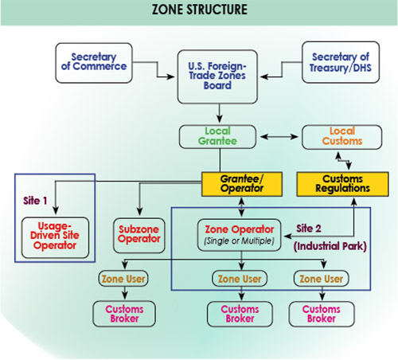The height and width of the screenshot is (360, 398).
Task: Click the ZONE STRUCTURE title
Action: pos(200,10)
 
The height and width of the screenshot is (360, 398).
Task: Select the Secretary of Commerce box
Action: pos(94,63)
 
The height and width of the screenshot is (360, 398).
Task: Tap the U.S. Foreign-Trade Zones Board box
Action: pos(217,76)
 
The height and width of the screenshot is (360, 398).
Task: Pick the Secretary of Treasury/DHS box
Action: pos(341,62)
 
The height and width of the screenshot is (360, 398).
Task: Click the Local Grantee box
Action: pos(217,137)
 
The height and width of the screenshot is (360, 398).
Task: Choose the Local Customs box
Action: pos(342,137)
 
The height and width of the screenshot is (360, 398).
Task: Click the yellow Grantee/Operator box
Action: pos(242,184)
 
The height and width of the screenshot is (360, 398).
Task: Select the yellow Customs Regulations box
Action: pos(342,184)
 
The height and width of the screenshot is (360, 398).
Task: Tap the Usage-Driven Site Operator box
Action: pos(55,237)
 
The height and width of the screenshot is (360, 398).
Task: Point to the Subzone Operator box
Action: pos(139,235)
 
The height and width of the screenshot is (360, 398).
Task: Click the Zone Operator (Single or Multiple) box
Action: pos(239,235)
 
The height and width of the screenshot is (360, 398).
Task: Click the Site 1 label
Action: pos(35,201)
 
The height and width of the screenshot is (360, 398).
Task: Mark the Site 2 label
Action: pos(309,229)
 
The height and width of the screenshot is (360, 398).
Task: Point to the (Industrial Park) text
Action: pos(330,246)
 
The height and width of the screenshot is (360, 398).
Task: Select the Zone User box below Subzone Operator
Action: pos(123,279)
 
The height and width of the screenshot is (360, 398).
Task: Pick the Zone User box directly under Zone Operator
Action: pos(240,279)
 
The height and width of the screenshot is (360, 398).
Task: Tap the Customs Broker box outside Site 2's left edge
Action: pos(124,314)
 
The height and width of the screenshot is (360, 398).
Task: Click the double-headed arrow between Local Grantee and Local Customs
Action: pos(279,137)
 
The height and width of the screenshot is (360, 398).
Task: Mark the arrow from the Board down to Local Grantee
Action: pos(219,113)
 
